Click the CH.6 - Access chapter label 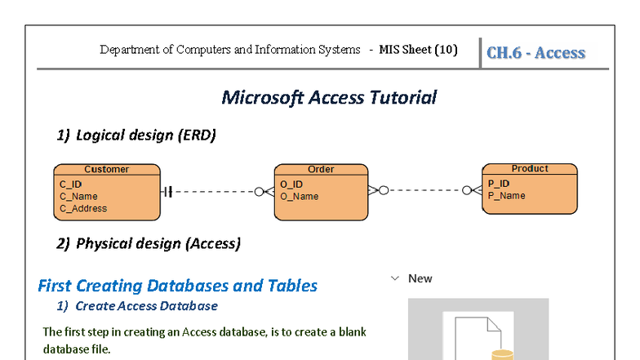[x=536, y=53]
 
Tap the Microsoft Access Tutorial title [x=329, y=97]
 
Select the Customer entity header [x=106, y=170]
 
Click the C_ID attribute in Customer [x=70, y=184]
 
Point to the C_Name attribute [x=78, y=196]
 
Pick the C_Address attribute [x=83, y=208]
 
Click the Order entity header [x=321, y=170]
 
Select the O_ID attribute [x=291, y=184]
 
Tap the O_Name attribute [x=300, y=196]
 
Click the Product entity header [x=530, y=169]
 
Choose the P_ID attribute [x=499, y=184]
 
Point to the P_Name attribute [x=507, y=195]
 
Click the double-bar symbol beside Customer [x=167, y=192]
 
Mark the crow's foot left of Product [x=471, y=190]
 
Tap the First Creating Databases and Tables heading [x=177, y=286]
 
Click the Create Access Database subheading [x=146, y=306]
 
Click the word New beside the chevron [x=420, y=278]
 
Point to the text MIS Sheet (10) [x=418, y=49]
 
